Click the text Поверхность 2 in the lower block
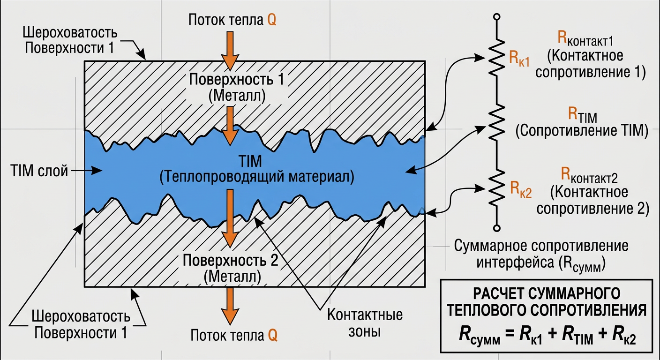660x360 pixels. pyautogui.click(x=231, y=261)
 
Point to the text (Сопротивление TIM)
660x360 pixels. pyautogui.click(x=582, y=131)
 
